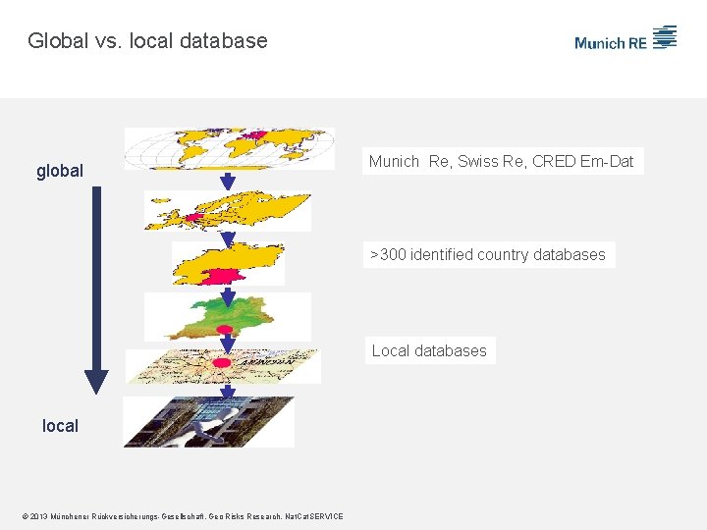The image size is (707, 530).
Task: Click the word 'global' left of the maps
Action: [x=60, y=171]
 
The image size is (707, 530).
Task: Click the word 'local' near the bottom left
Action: [x=60, y=425]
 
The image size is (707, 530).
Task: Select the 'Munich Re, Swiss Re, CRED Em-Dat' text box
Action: [x=502, y=161]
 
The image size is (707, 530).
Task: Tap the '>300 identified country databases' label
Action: [x=488, y=254]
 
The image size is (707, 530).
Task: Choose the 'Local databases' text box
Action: [x=429, y=350]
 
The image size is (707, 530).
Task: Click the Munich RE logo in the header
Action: [x=625, y=40]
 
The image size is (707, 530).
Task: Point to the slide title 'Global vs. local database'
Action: [x=147, y=40]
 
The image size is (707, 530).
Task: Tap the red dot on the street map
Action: [x=222, y=363]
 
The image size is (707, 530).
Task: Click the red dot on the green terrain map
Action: [x=225, y=330]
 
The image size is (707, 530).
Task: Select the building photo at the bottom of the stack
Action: [x=208, y=422]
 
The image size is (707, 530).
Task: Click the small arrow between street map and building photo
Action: [x=227, y=390]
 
